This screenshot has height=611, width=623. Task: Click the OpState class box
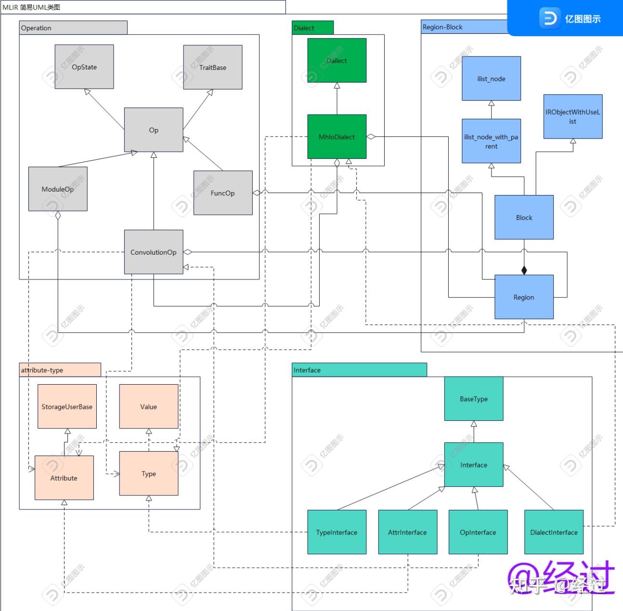point(84,67)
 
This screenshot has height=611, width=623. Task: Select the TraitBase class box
point(213,67)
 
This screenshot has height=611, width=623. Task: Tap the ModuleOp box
point(58,189)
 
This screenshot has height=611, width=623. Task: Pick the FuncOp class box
point(223,193)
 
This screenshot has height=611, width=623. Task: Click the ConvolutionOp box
point(154,252)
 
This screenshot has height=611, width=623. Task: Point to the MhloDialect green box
point(337,137)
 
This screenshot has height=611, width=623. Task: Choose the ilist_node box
point(491,78)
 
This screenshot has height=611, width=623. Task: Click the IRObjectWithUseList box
point(573,117)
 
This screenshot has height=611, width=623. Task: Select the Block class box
point(524,217)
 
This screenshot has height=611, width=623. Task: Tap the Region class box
point(524,297)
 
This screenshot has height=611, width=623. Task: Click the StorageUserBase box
point(67,406)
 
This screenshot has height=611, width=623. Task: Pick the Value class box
point(149,406)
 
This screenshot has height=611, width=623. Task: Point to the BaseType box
point(474,399)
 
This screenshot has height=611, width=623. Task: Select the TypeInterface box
point(337,532)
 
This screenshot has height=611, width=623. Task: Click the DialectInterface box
point(554,532)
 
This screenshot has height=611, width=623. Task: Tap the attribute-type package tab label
point(42,370)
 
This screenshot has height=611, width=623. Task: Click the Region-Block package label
point(442,27)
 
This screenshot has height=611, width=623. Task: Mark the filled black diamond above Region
point(524,270)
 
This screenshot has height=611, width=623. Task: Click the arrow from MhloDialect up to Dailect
point(337,98)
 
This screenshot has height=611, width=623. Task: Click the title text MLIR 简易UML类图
point(31,7)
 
